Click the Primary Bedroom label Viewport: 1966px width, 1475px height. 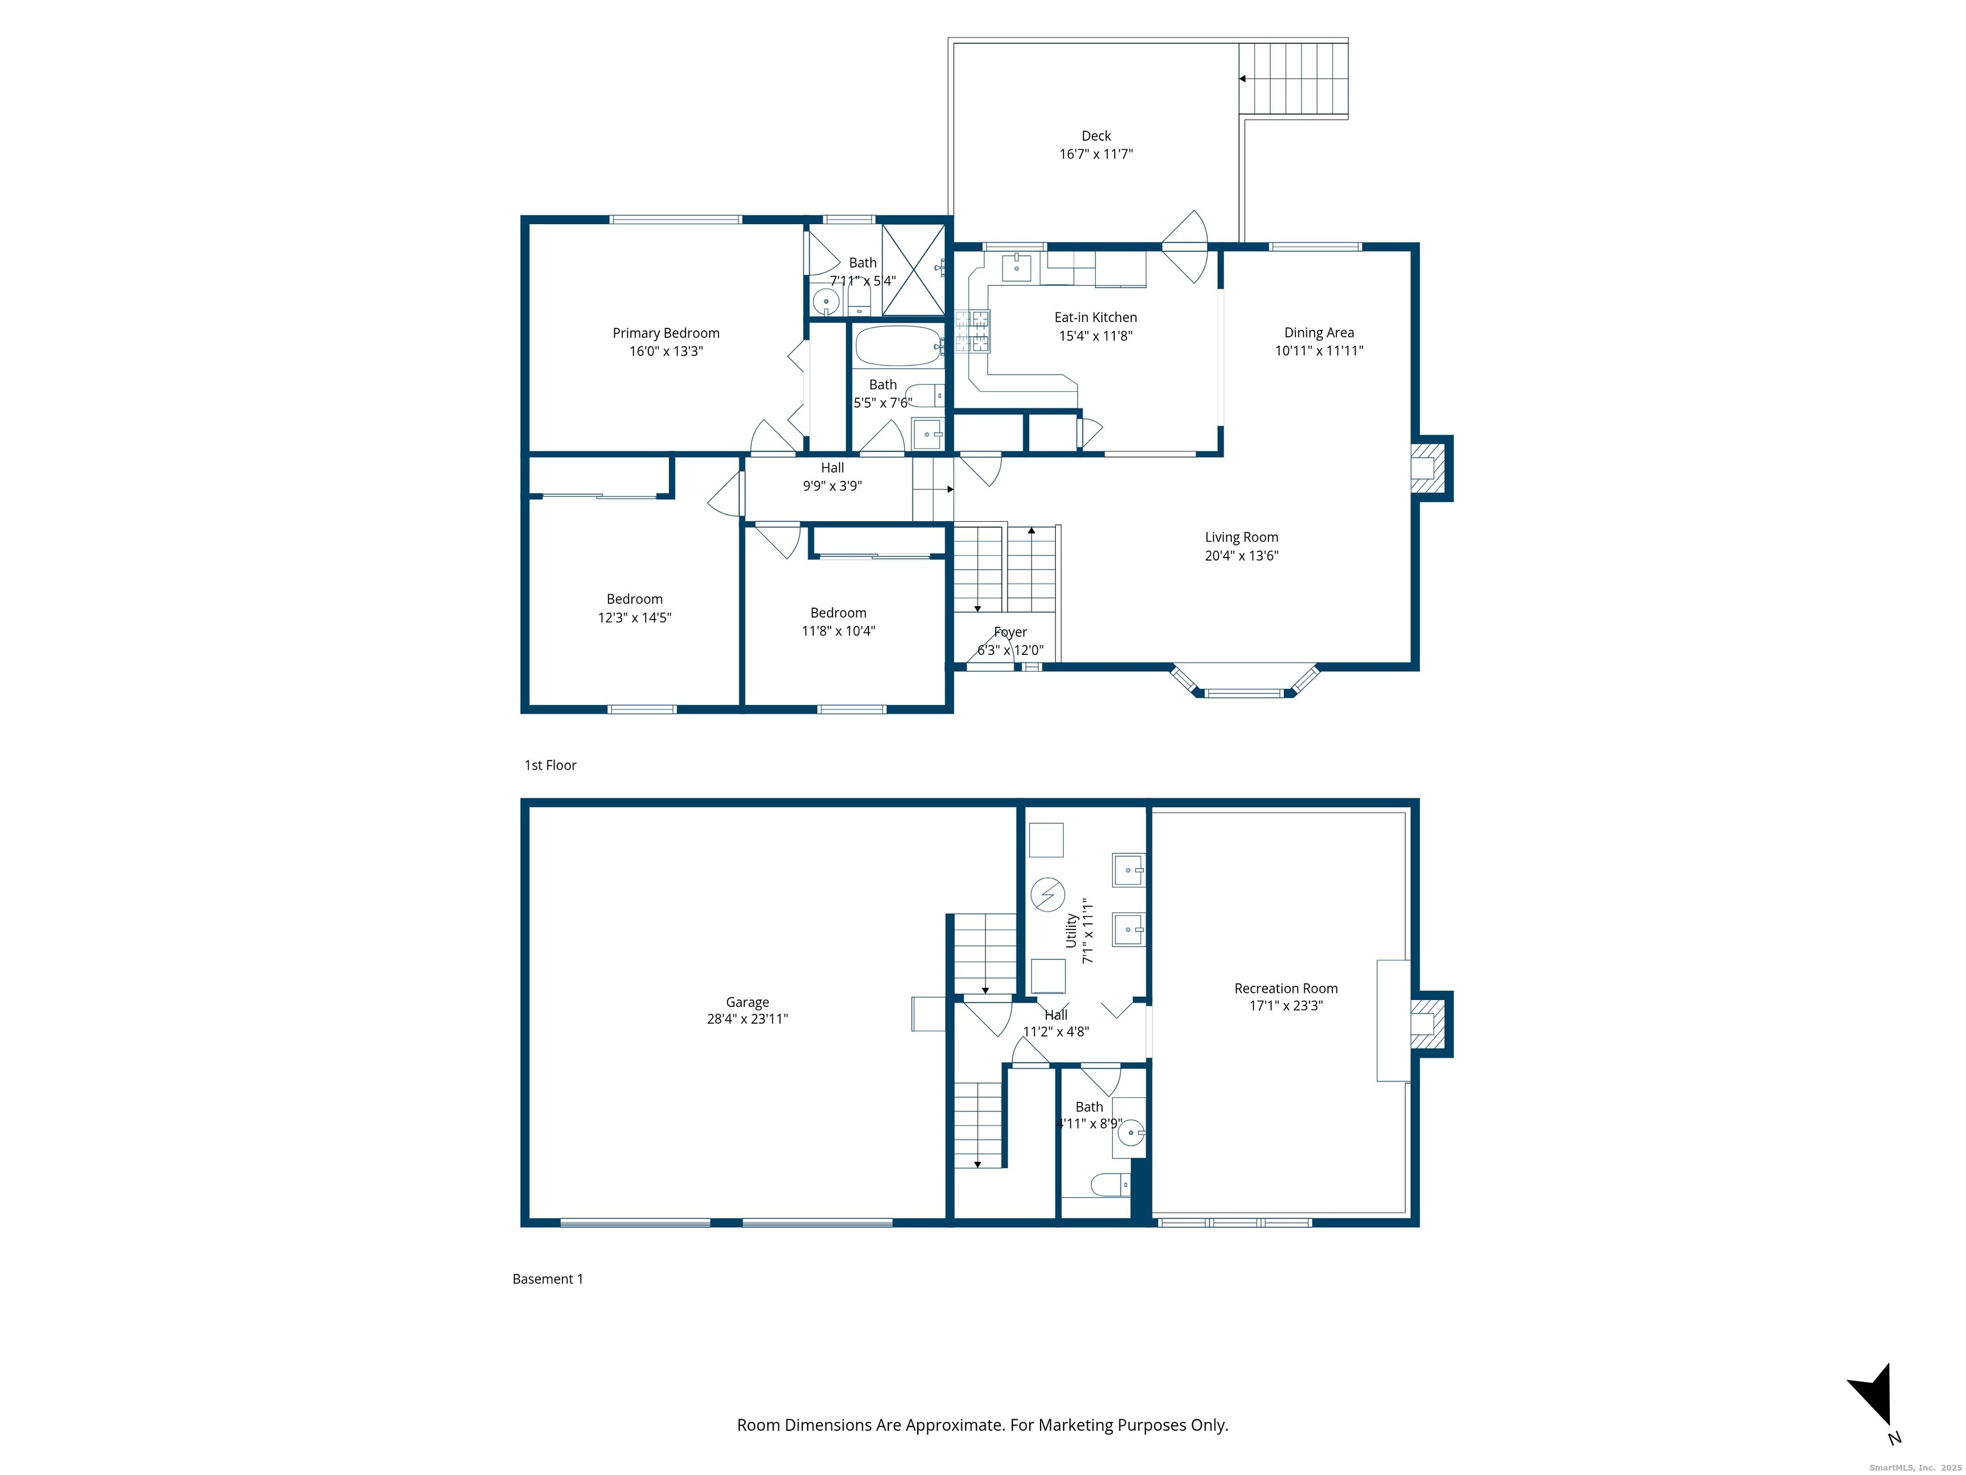click(666, 334)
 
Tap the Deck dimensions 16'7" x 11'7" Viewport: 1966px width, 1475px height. click(1096, 154)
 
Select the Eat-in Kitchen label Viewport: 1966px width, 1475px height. click(1095, 318)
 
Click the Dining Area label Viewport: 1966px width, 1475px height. click(1319, 332)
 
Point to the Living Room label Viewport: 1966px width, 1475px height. click(1242, 537)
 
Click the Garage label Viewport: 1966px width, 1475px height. click(747, 1002)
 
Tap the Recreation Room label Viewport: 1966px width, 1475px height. click(1286, 988)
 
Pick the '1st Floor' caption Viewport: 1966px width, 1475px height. click(550, 766)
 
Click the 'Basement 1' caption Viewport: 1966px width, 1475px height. click(547, 1278)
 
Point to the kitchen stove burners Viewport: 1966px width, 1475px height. click(972, 331)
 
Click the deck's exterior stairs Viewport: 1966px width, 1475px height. click(1294, 78)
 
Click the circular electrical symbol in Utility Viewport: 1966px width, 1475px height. click(1047, 894)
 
